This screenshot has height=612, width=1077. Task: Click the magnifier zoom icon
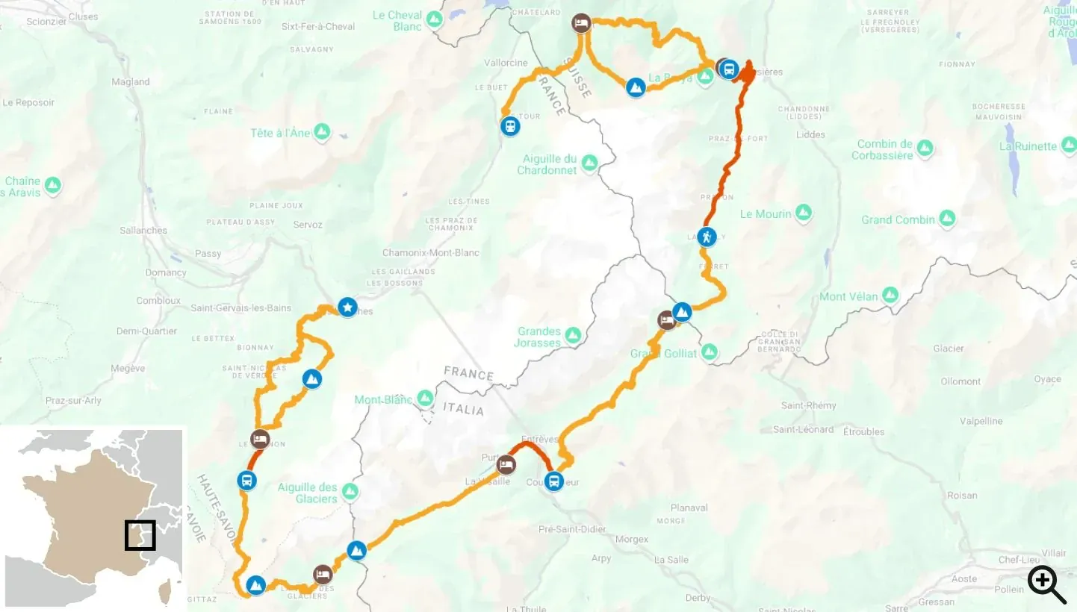[x=1046, y=584]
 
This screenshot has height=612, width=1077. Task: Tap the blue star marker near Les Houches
[x=347, y=307]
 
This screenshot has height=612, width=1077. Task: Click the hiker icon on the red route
[x=707, y=237]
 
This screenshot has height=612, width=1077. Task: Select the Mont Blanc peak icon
[x=425, y=399]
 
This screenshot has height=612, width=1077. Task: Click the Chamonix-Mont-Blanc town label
[x=431, y=253]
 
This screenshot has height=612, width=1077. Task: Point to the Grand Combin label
[x=898, y=219]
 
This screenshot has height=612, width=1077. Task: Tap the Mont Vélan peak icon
[x=890, y=296]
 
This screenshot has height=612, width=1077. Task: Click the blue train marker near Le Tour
[x=510, y=126]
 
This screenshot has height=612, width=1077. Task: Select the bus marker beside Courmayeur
[x=553, y=481]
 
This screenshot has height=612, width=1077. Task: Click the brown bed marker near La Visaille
[x=506, y=464]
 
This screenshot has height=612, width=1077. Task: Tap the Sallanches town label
[x=143, y=230]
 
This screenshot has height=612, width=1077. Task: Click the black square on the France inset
[x=140, y=535]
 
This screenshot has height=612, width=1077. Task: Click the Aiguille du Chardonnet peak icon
[x=589, y=162]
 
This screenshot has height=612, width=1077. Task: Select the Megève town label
[x=128, y=368]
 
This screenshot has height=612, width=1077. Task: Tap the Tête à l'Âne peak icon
[x=322, y=132]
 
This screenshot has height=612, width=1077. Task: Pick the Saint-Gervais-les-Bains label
[x=240, y=307]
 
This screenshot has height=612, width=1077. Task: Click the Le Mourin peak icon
[x=804, y=213]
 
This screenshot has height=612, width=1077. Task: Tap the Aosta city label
[x=963, y=578]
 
